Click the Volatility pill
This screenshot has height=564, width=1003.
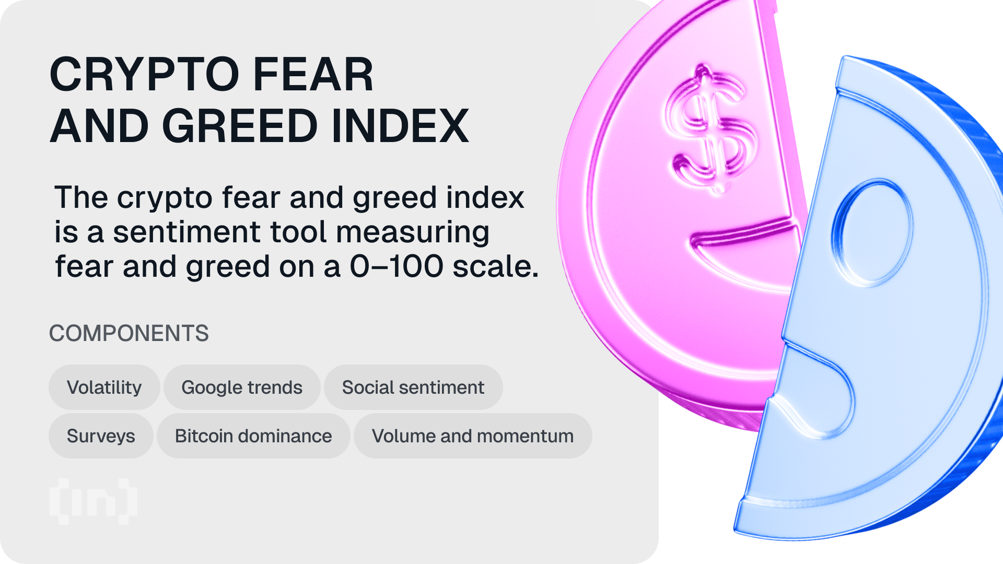104,387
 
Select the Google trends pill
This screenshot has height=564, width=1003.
242,387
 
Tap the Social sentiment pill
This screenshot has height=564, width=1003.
413,387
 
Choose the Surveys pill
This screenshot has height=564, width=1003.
101,436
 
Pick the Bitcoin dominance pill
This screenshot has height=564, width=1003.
253,436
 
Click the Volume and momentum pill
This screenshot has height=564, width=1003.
473,436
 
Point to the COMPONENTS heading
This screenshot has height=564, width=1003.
129,333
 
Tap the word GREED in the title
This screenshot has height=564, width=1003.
240,125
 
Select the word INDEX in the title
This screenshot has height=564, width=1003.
400,125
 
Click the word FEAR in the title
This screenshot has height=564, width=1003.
313,74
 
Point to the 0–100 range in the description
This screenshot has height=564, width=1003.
396,266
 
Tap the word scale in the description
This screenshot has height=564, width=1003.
496,266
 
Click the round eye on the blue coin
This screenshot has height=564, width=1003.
871,232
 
